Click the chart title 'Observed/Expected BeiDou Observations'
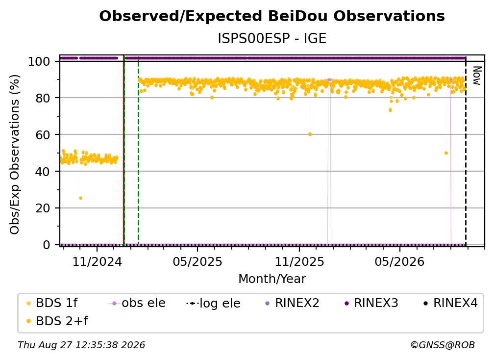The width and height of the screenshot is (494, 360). [272, 16]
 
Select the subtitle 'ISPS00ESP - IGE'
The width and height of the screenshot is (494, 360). [272, 38]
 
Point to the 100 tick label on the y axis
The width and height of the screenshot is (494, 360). [39, 61]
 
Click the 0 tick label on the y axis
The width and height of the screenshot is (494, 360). [47, 245]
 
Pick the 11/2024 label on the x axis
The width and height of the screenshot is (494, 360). [97, 261]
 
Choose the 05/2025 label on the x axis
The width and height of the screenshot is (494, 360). [198, 261]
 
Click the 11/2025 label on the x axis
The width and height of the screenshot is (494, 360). [299, 261]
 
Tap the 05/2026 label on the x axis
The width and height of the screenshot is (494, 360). [400, 261]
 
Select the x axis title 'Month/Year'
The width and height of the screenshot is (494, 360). [272, 279]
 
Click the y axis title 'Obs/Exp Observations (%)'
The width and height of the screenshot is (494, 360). [15, 154]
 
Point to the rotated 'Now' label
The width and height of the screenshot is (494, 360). [477, 76]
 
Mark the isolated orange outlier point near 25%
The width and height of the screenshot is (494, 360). [80, 198]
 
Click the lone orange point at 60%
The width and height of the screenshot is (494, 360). [310, 134]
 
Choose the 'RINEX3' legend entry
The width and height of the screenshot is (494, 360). [372, 303]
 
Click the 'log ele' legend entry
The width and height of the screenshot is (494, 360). [213, 303]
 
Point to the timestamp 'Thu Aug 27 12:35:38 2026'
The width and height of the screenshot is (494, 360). [81, 345]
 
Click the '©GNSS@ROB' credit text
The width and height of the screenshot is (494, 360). [443, 345]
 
